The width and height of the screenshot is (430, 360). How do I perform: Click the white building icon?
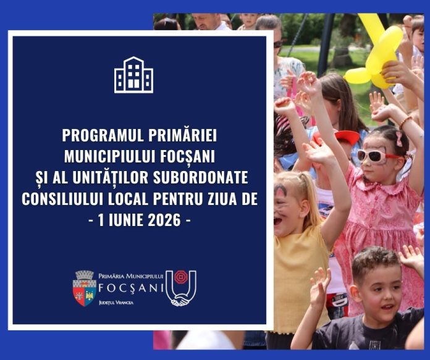click(x=133, y=75)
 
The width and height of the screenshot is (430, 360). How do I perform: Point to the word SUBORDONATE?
click(x=200, y=177)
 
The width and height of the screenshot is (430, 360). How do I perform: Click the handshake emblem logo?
click(x=181, y=288)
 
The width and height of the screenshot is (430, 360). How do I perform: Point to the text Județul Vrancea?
click(x=116, y=303)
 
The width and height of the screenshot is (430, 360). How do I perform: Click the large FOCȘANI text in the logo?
click(x=131, y=288)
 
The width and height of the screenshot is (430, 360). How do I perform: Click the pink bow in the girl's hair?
click(x=398, y=139)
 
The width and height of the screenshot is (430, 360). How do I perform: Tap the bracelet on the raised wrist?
click(x=405, y=122)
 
